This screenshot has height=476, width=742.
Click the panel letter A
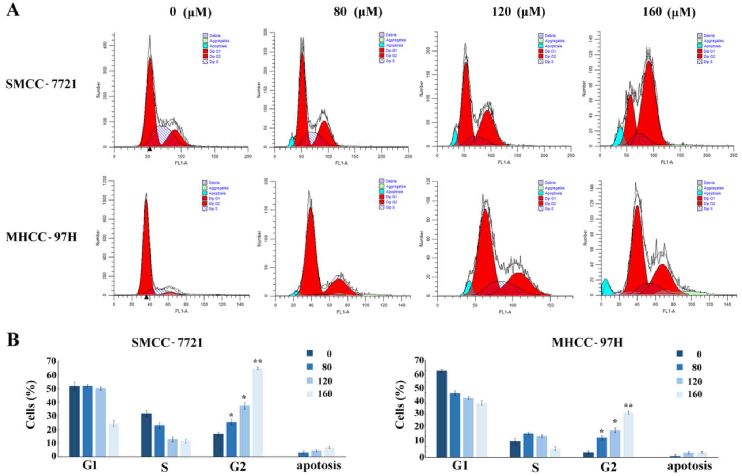pyautogui.click(x=13, y=10)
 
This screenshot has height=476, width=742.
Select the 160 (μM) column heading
pyautogui.click(x=669, y=12)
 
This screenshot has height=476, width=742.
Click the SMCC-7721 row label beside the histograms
pyautogui.click(x=41, y=84)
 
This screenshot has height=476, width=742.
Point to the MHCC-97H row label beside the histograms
pyautogui.click(x=41, y=237)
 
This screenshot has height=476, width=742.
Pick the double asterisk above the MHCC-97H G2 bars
pyautogui.click(x=628, y=406)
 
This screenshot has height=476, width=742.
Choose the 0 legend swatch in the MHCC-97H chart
pyautogui.click(x=680, y=354)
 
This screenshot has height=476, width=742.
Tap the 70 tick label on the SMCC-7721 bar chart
pyautogui.click(x=51, y=361)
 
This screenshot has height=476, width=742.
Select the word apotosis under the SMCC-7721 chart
pyautogui.click(x=319, y=465)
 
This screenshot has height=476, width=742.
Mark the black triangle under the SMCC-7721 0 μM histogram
pyautogui.click(x=149, y=149)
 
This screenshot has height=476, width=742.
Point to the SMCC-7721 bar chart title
pyautogui.click(x=167, y=342)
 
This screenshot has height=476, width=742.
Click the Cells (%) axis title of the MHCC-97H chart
pyautogui.click(x=400, y=404)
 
